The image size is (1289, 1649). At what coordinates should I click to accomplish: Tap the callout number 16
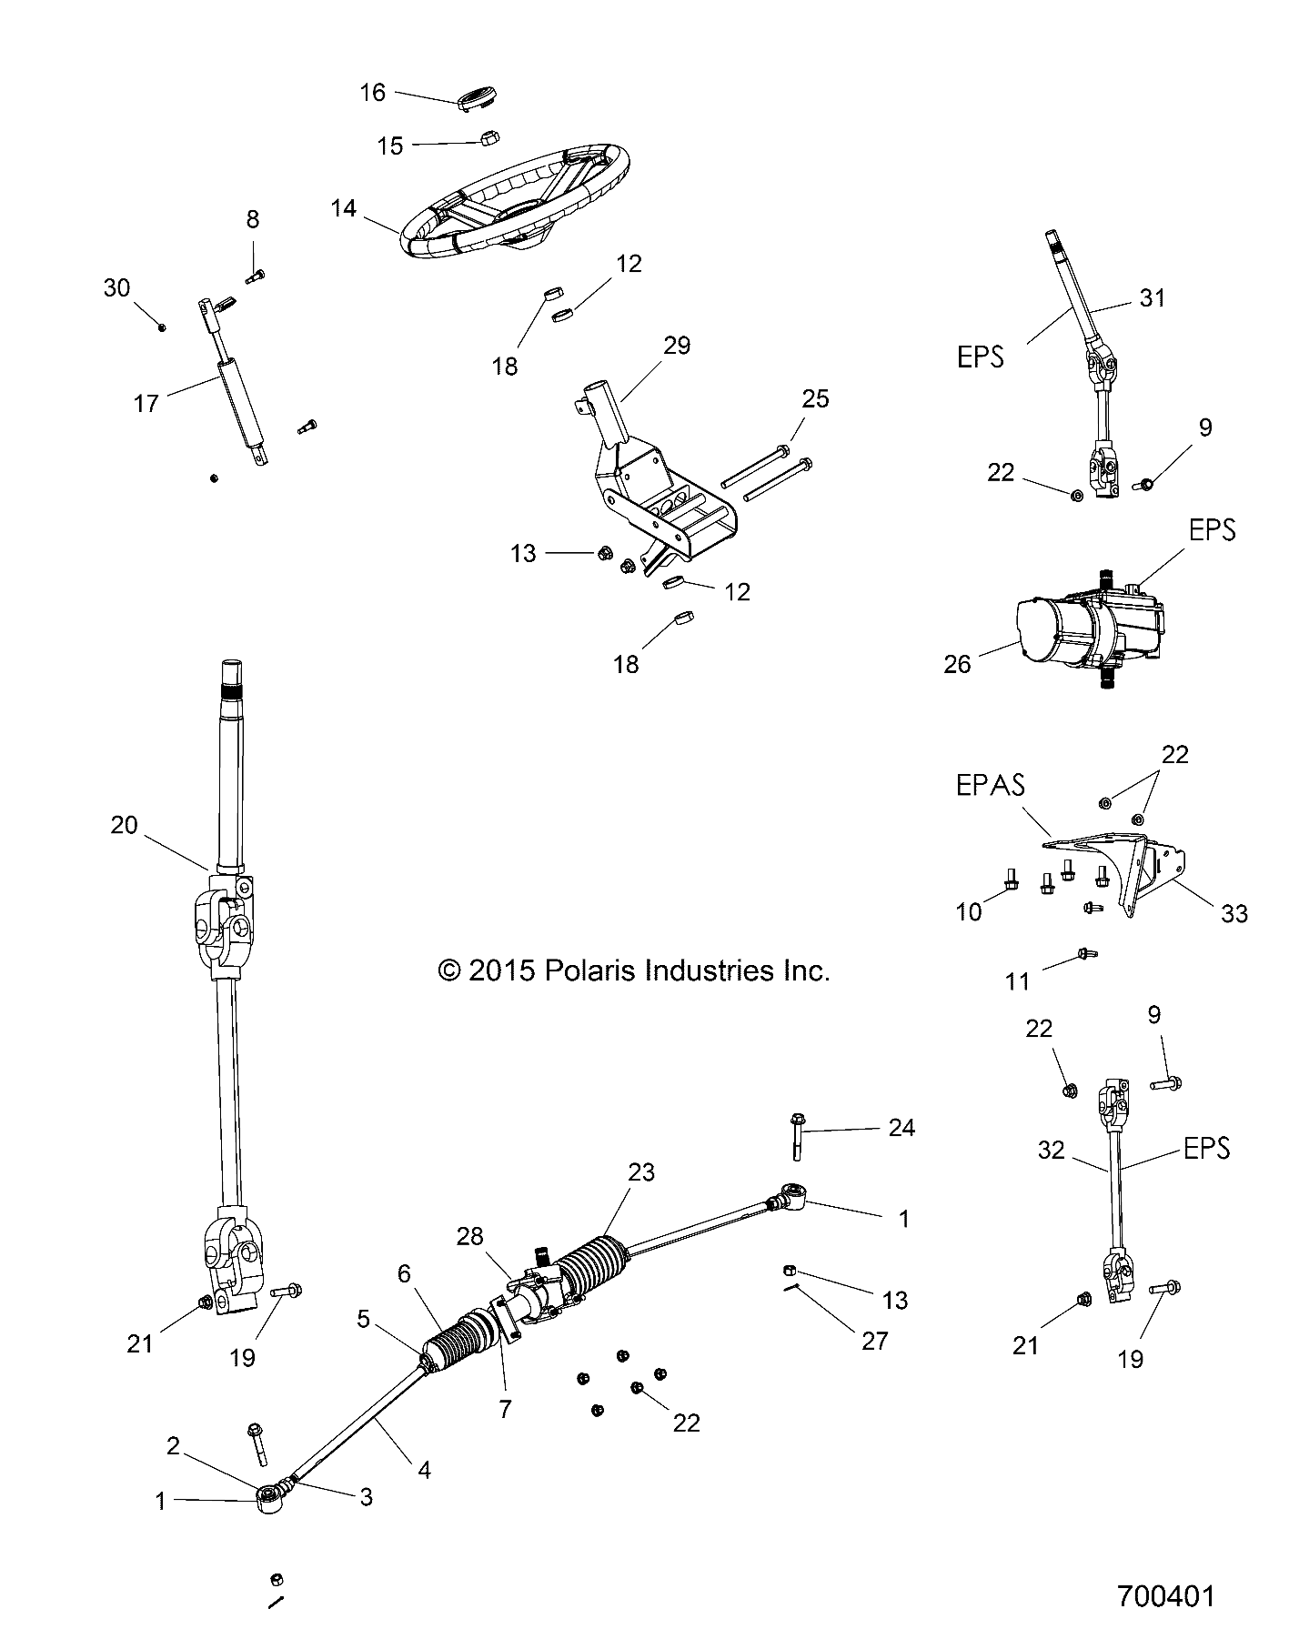(373, 93)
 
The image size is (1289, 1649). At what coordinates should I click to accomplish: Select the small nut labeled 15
(487, 138)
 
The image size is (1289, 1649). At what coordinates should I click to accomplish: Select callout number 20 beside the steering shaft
(124, 824)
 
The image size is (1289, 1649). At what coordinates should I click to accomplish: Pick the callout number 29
(677, 346)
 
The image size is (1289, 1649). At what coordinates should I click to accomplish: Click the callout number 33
(1234, 912)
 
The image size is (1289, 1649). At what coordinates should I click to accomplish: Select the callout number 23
(641, 1171)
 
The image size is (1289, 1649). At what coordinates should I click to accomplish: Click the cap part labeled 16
(481, 98)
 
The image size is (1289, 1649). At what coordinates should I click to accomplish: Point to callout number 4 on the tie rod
(424, 1468)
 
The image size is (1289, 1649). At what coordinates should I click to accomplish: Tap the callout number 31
(1152, 297)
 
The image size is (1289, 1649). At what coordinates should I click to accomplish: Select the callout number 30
(116, 288)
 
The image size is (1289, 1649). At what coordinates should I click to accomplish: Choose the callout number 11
(1017, 980)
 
